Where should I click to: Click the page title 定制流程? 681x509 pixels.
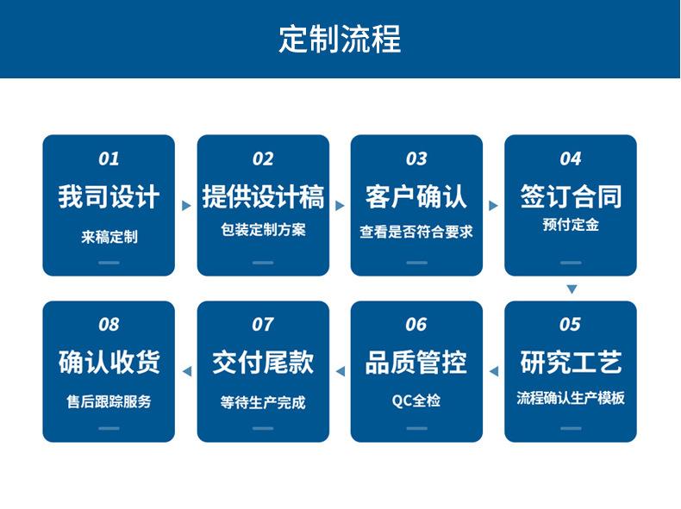pyautogui.click(x=340, y=39)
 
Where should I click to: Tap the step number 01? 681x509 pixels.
pyautogui.click(x=109, y=158)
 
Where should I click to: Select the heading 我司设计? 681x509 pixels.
pyautogui.click(x=109, y=196)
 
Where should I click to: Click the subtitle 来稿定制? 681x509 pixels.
pyautogui.click(x=109, y=237)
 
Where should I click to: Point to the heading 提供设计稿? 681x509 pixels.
pyautogui.click(x=263, y=196)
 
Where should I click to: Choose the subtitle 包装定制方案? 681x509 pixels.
pyautogui.click(x=263, y=230)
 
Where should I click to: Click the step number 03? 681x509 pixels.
pyautogui.click(x=416, y=158)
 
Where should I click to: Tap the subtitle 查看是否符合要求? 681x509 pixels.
pyautogui.click(x=416, y=232)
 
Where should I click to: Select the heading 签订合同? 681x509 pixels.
pyautogui.click(x=571, y=196)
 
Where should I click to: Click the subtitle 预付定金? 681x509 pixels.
pyautogui.click(x=571, y=225)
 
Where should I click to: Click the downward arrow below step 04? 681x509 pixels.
pyautogui.click(x=572, y=289)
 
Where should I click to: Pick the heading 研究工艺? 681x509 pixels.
pyautogui.click(x=571, y=362)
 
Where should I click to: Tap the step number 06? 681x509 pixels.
pyautogui.click(x=416, y=325)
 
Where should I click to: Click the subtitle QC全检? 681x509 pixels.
pyautogui.click(x=416, y=400)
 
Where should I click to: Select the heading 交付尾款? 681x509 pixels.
pyautogui.click(x=263, y=363)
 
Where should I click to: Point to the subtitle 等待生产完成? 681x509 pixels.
pyautogui.click(x=263, y=403)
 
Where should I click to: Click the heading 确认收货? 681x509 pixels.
pyautogui.click(x=109, y=362)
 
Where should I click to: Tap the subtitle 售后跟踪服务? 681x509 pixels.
pyautogui.click(x=109, y=401)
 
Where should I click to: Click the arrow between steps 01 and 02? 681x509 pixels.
pyautogui.click(x=186, y=206)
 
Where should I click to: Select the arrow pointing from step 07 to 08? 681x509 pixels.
pyautogui.click(x=187, y=371)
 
